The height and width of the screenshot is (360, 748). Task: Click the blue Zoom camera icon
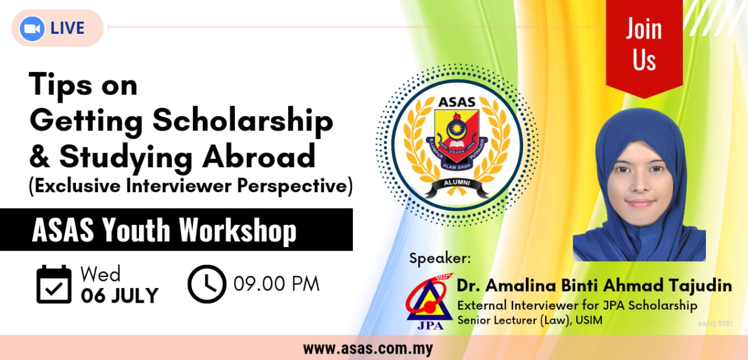32,29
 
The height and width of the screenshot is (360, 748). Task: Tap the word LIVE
67,28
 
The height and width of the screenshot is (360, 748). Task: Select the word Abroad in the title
259,156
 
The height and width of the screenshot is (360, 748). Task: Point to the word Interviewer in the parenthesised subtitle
179,185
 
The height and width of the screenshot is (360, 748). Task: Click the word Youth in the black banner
136,230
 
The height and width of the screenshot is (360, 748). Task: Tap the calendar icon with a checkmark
54,284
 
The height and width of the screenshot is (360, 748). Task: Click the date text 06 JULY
120,296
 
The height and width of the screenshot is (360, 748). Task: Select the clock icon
207,284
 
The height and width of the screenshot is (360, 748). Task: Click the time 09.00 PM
276,284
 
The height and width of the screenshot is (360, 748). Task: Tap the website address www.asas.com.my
368,349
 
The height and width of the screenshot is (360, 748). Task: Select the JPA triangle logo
430,302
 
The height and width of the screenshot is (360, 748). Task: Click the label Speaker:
440,259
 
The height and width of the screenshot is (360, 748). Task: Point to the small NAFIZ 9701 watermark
715,323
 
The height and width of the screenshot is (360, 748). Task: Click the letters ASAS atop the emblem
457,102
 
